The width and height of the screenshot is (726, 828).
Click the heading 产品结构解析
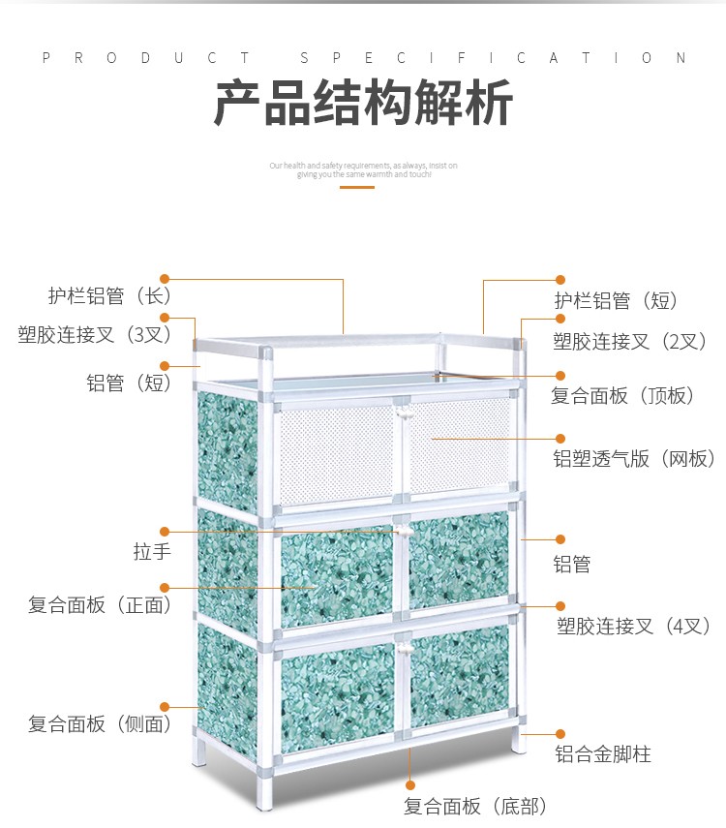[363, 105]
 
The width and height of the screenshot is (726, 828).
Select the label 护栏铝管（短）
[616, 301]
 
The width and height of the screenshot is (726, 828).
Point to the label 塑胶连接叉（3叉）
[95, 335]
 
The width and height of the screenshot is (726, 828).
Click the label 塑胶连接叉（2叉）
[630, 341]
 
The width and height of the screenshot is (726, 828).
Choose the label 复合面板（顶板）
[623, 395]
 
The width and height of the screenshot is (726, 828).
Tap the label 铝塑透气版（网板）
[635, 459]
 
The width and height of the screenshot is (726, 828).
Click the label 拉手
[152, 552]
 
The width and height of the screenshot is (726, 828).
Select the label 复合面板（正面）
[101, 605]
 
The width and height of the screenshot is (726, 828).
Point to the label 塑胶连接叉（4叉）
[635, 626]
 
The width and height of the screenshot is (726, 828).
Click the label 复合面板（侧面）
[101, 723]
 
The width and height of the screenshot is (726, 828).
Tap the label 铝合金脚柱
[603, 753]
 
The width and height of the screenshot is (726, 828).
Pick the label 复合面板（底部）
[475, 806]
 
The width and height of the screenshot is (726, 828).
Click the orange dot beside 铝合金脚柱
[559, 735]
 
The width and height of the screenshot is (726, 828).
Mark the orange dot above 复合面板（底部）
[410, 785]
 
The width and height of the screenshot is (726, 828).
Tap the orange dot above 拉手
[165, 531]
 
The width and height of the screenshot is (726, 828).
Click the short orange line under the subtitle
[357, 187]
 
